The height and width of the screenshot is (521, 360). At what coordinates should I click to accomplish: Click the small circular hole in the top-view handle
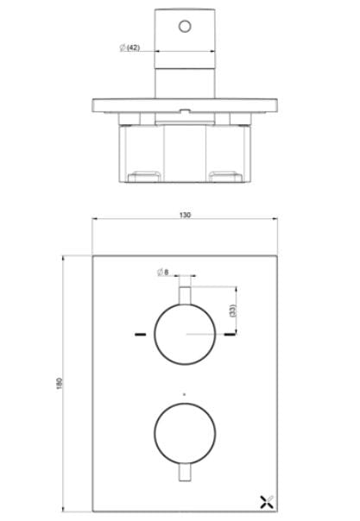(184, 26)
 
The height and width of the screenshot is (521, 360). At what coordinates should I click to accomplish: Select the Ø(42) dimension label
(129, 48)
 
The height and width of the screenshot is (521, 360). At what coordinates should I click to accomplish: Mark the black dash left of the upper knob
(139, 333)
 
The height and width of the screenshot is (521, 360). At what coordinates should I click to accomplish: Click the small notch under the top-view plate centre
(185, 110)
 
